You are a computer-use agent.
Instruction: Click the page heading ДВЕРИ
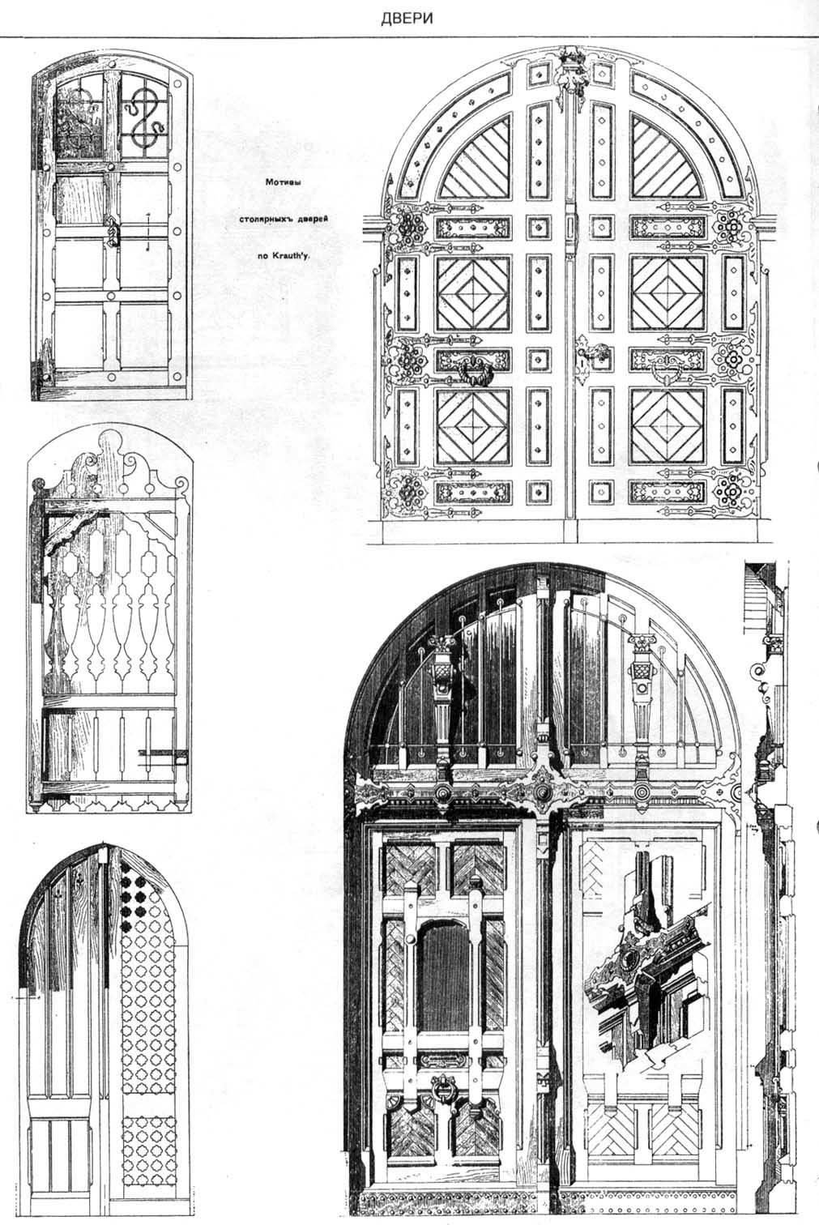click(x=407, y=19)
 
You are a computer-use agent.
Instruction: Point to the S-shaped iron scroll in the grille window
click(x=142, y=117)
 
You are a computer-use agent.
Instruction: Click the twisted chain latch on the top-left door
click(x=110, y=233)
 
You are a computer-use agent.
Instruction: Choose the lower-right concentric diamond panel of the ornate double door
click(x=667, y=425)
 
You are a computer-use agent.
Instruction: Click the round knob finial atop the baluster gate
click(x=111, y=441)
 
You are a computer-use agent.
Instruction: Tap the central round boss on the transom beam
click(x=542, y=792)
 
